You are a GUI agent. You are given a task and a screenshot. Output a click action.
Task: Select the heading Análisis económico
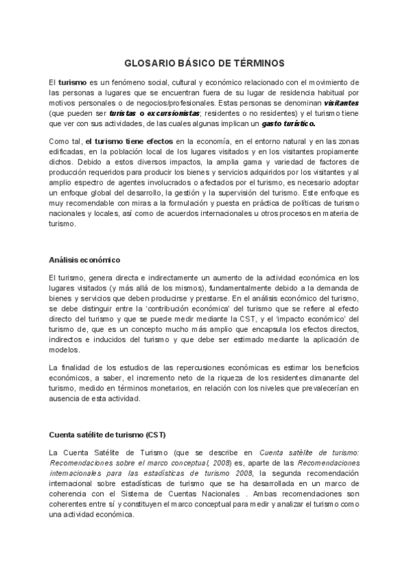coord(85,260)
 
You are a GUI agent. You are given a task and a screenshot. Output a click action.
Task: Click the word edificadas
coord(67,151)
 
